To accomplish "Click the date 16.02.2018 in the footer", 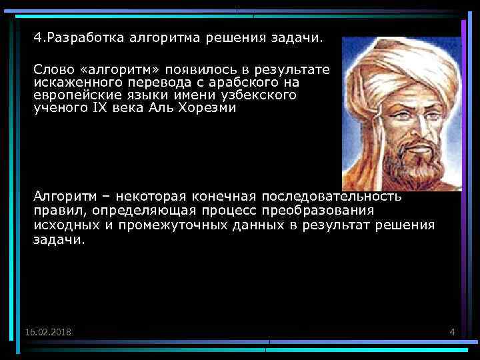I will pos(49,332).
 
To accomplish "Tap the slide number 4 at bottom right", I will pos(452,332).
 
